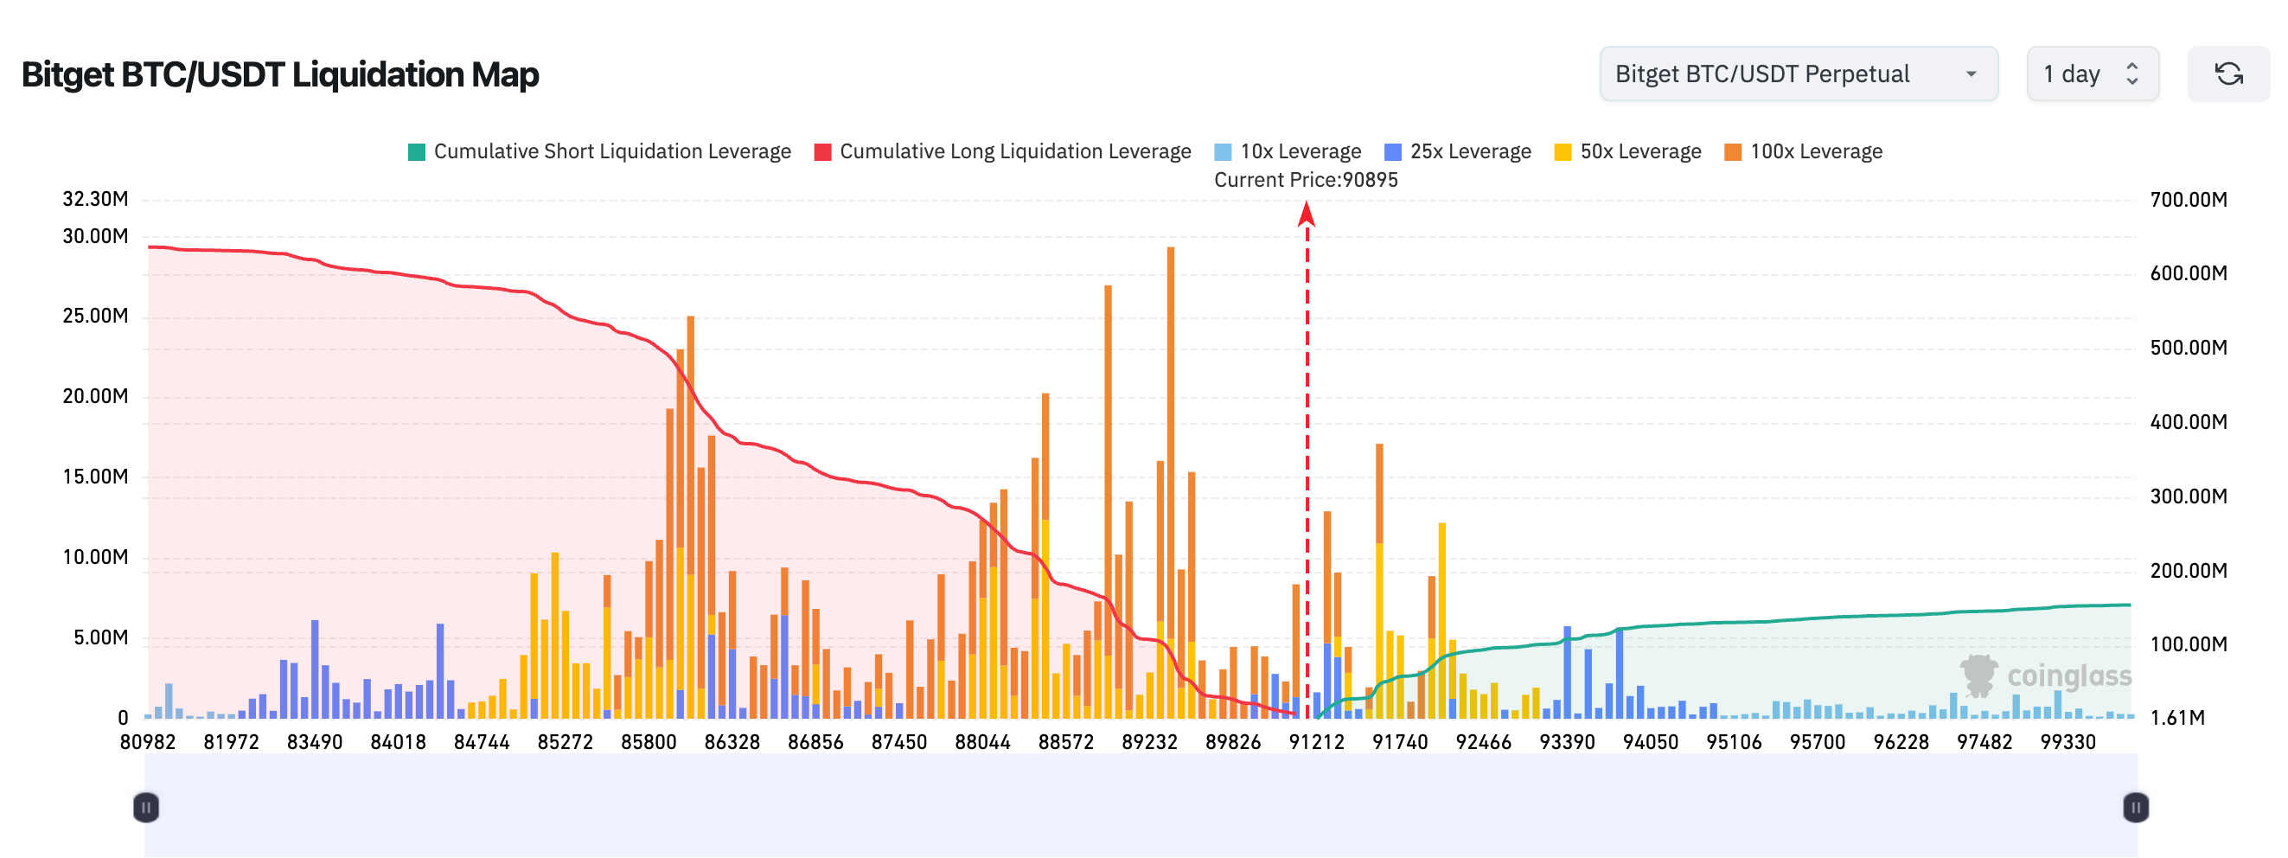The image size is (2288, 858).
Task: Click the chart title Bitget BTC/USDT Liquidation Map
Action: [x=280, y=74]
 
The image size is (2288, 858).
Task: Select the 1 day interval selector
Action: [x=2091, y=74]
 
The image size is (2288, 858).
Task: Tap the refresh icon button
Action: [x=2227, y=74]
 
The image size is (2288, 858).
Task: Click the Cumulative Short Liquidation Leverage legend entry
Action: [x=599, y=152]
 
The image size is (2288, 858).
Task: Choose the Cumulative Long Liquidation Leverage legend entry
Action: [x=1003, y=152]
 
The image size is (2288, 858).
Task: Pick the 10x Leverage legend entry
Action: [x=1288, y=152]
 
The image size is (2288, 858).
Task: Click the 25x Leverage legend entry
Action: [x=1459, y=152]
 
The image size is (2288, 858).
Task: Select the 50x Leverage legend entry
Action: [x=1628, y=152]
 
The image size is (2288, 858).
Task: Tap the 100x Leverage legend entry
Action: [x=1803, y=152]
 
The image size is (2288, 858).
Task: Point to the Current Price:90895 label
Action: [x=1306, y=180]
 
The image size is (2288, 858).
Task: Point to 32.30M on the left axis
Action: [x=95, y=199]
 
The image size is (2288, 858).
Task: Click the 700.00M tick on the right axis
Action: [x=2188, y=200]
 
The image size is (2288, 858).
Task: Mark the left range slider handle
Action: [x=146, y=807]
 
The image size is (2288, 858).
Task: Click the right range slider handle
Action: [x=2135, y=807]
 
